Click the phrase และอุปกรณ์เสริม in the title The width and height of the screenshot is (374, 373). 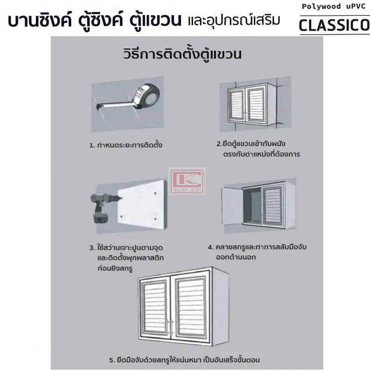pos(227,21)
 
